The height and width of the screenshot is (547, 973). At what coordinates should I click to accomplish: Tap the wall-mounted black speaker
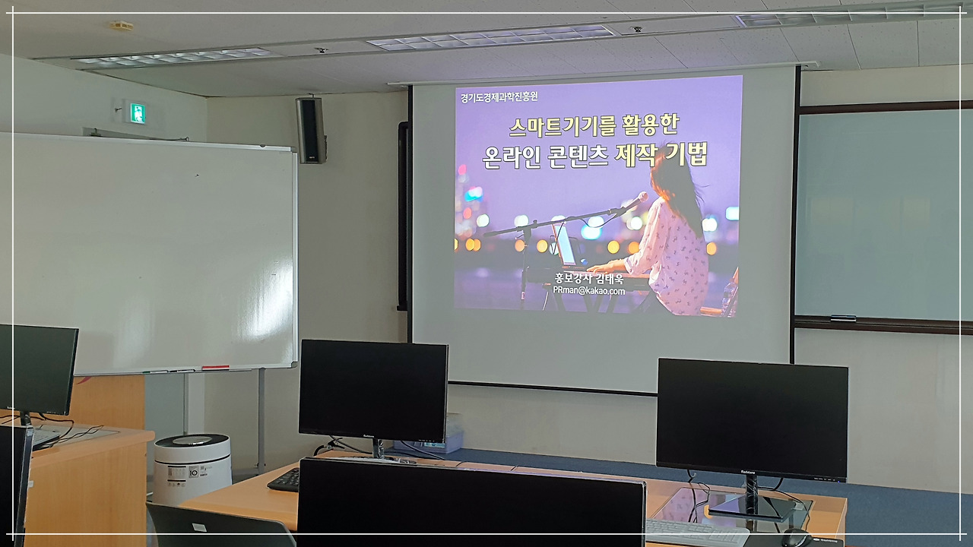coord(310,129)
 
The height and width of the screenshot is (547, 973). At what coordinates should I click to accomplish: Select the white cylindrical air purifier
coord(192,468)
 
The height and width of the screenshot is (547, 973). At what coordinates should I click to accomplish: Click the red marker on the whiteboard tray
coord(215,368)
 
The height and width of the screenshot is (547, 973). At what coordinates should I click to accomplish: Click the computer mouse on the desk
coord(794,538)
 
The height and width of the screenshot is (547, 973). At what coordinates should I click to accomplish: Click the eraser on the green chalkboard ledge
coord(843,318)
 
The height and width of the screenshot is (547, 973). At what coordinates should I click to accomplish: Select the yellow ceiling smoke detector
coord(121,25)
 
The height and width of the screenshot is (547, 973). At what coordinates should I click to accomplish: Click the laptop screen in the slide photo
coord(565,245)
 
